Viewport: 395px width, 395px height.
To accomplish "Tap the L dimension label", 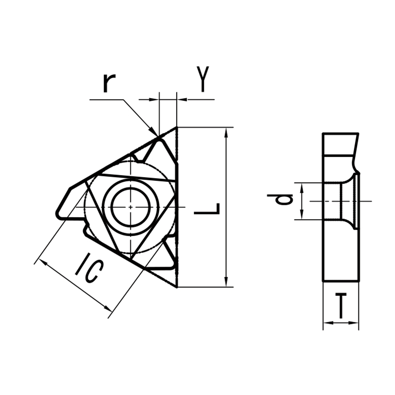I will coord(207,207).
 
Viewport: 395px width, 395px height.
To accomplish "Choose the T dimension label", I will coord(341,306).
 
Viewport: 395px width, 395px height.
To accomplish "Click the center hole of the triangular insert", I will coord(130,206).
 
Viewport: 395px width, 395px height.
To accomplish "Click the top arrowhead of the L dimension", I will coord(226,131).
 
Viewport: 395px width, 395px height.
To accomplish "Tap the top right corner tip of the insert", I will coord(176,128).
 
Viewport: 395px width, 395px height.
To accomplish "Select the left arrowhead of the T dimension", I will coord(326,323).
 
